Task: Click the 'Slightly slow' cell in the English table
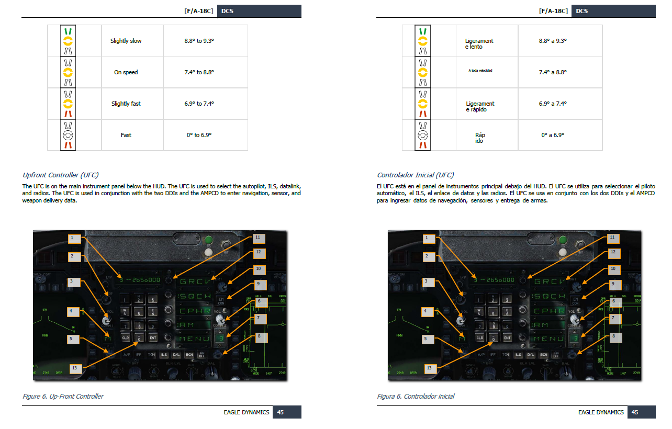click(x=126, y=41)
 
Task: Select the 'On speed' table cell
click(x=126, y=72)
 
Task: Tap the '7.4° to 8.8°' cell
click(x=199, y=72)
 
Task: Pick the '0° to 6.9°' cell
click(x=199, y=135)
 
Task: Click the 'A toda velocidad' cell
click(x=480, y=70)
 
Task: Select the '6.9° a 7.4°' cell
click(x=553, y=104)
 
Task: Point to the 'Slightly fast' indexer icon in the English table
click(x=68, y=104)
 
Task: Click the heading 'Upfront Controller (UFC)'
click(x=60, y=175)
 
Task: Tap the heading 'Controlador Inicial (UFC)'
click(x=416, y=175)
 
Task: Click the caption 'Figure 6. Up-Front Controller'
click(x=63, y=396)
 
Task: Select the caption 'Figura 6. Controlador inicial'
click(x=416, y=396)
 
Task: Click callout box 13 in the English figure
click(x=76, y=368)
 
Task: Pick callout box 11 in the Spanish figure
click(x=611, y=238)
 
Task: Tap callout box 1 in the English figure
click(x=76, y=238)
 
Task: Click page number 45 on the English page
click(x=281, y=412)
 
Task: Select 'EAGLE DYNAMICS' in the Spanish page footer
click(x=601, y=412)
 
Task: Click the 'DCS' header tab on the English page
click(x=227, y=11)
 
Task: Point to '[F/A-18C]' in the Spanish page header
click(x=553, y=11)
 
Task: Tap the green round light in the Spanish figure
click(x=562, y=241)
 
